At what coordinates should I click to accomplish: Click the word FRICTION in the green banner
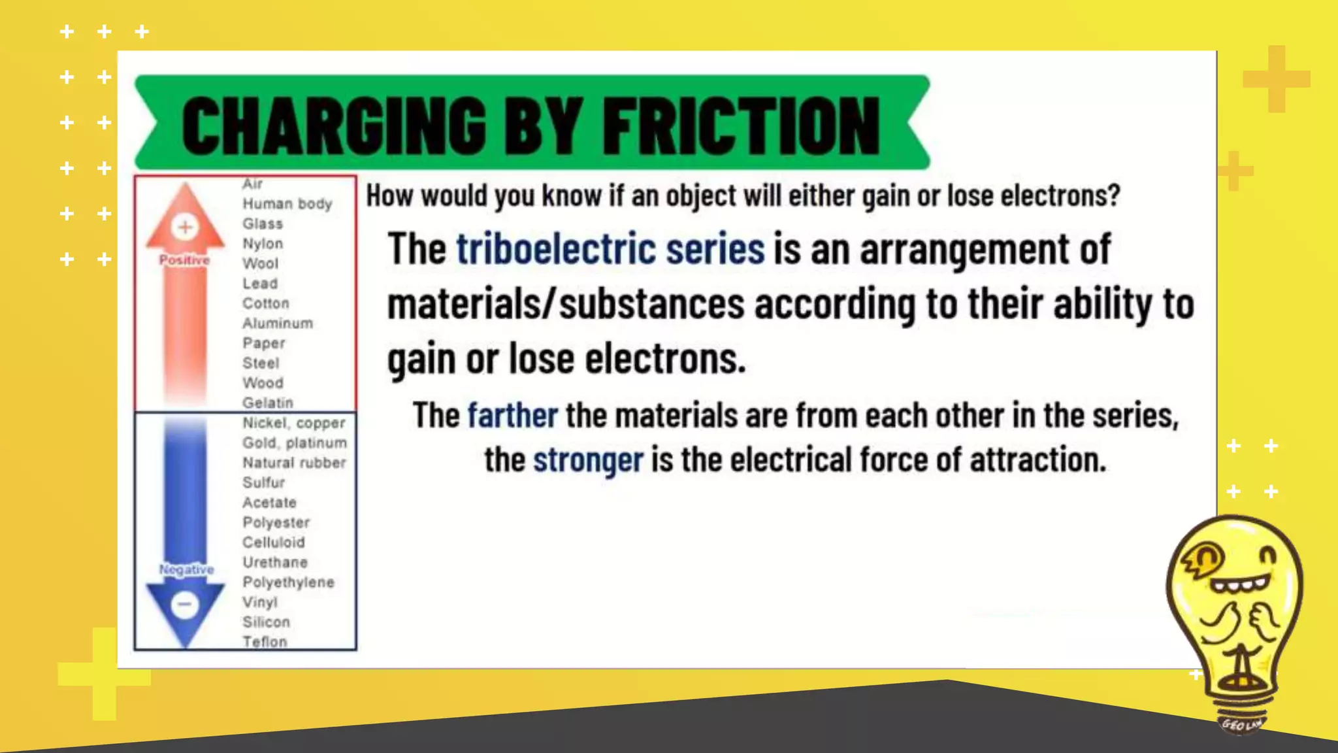pyautogui.click(x=741, y=125)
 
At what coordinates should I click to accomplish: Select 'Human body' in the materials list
pyautogui.click(x=287, y=204)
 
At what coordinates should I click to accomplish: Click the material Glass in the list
pyautogui.click(x=263, y=224)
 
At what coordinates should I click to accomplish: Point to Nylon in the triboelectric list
pyautogui.click(x=263, y=244)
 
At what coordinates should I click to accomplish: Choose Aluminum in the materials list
pyautogui.click(x=278, y=324)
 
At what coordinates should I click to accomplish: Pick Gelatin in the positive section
pyautogui.click(x=268, y=403)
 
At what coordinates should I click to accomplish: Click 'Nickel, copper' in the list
pyautogui.click(x=294, y=423)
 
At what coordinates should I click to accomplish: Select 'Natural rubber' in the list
pyautogui.click(x=294, y=463)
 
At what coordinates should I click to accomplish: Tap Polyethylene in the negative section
pyautogui.click(x=288, y=582)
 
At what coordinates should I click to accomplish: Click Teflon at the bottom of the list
pyautogui.click(x=265, y=642)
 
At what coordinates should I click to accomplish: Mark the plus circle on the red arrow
pyautogui.click(x=185, y=227)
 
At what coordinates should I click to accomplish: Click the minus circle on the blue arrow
pyautogui.click(x=185, y=604)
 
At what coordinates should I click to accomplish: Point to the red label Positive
pyautogui.click(x=185, y=260)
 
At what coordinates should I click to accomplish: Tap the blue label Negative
pyautogui.click(x=186, y=569)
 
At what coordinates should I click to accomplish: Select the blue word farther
pyautogui.click(x=512, y=416)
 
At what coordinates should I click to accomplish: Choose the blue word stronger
pyautogui.click(x=588, y=460)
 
